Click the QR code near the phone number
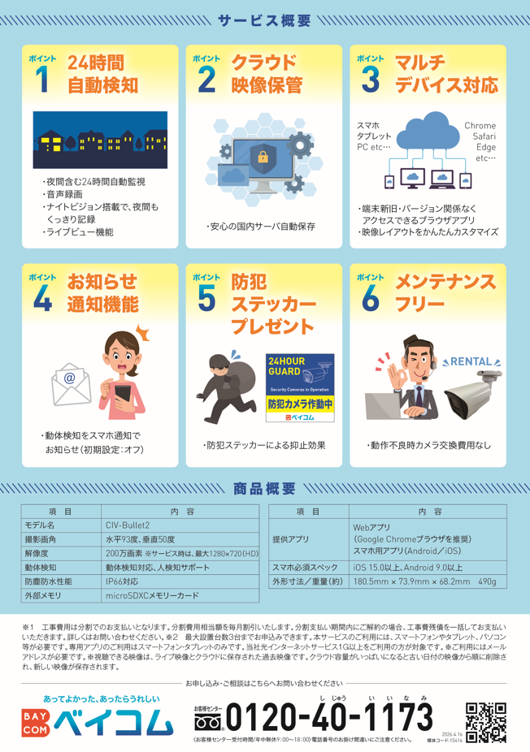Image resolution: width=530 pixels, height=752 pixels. coord(486,722)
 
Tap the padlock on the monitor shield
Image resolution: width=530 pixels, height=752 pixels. coord(263,156)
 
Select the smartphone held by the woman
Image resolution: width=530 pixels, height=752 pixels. coord(123,393)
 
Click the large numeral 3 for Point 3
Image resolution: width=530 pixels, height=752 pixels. coord(371,79)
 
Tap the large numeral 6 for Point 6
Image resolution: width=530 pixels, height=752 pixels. coord(371,298)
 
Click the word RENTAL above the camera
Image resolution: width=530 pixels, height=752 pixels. coord(471,361)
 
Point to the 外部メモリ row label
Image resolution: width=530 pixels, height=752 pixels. coord(43,595)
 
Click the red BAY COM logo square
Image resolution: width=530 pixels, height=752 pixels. coord(36,723)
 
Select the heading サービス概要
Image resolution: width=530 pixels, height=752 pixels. coord(264,20)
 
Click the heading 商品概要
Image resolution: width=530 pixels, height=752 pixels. coord(264,489)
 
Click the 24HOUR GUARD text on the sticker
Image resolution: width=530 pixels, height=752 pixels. coord(287,366)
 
